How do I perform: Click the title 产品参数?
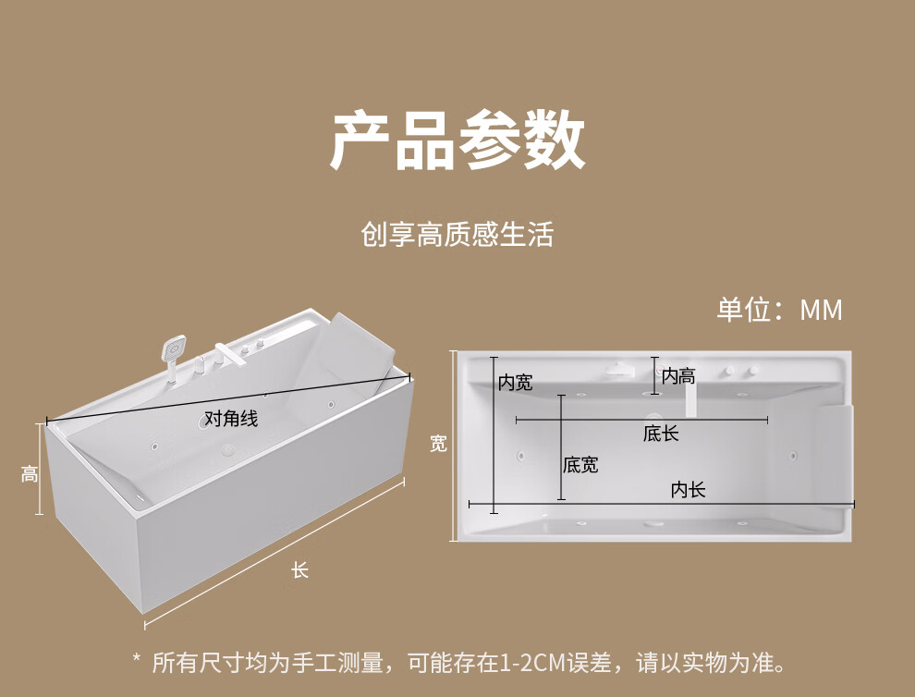point(457,141)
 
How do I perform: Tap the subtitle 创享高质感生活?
point(457,235)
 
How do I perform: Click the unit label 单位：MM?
point(780,310)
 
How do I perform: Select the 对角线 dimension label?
point(231,419)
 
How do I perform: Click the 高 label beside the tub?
point(30,473)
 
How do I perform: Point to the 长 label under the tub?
point(300,570)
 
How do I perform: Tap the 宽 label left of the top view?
point(438,445)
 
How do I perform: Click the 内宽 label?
point(516,383)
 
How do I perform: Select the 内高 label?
point(678,376)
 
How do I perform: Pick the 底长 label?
point(661,434)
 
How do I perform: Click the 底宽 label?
point(580,465)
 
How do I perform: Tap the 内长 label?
point(688,490)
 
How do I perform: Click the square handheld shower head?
point(174,348)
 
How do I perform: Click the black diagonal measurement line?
point(229,399)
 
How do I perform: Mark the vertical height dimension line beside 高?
point(39,470)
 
